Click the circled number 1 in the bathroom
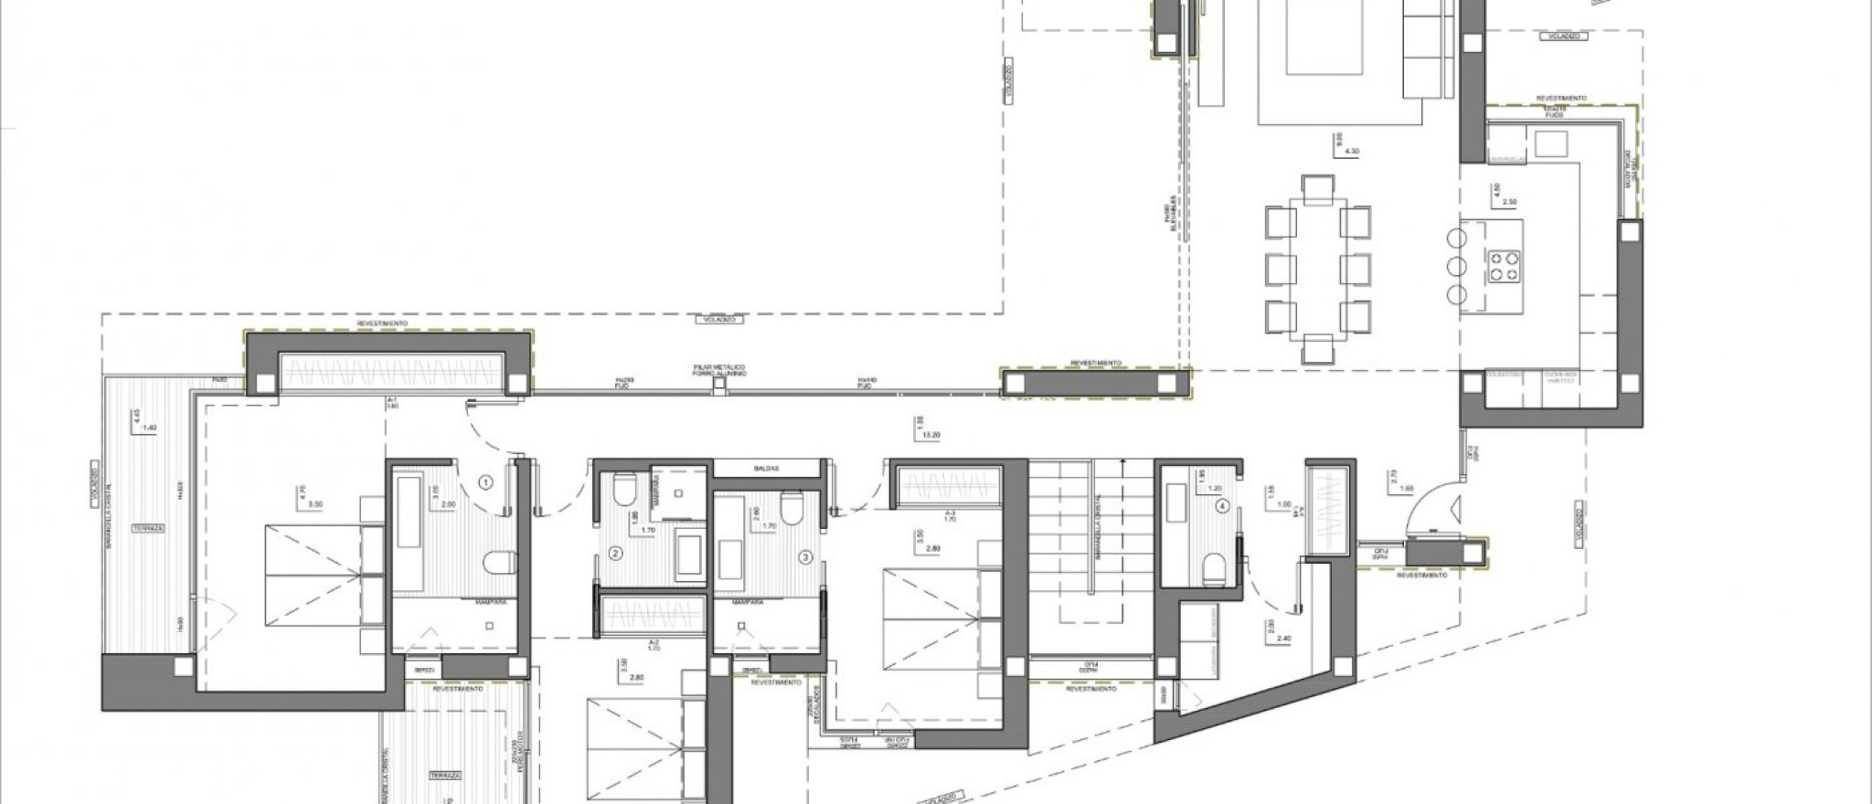(x=486, y=481)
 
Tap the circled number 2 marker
(x=615, y=554)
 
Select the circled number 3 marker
(x=805, y=555)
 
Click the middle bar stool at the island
(x=1457, y=266)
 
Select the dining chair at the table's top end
(x=1317, y=187)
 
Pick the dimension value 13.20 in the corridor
(x=932, y=436)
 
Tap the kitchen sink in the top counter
(x=1551, y=144)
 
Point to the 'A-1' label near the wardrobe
(x=391, y=402)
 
